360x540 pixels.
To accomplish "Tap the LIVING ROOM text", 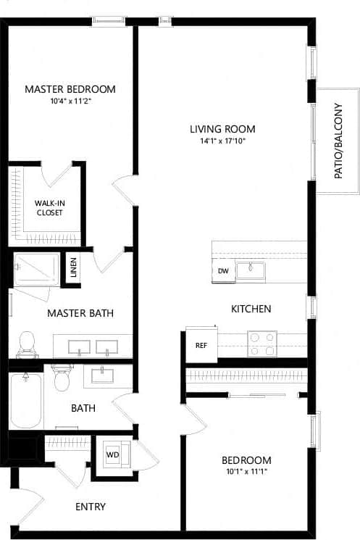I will tap(222, 129).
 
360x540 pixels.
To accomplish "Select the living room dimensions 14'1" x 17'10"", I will tap(222, 141).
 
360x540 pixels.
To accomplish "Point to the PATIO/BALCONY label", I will tap(338, 141).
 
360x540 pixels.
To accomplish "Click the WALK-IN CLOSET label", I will tap(49, 208).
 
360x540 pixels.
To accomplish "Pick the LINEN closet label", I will tap(73, 269).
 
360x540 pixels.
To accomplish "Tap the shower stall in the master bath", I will tap(36, 269).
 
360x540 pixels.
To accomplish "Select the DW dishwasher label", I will tap(223, 271).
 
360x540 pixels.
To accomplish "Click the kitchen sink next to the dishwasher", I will tap(251, 271).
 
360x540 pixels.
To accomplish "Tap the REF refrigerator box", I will tap(201, 345).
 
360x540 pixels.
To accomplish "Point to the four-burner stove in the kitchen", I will tap(261, 344).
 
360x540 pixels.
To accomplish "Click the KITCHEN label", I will tap(251, 309).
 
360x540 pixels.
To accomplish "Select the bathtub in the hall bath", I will tap(27, 399).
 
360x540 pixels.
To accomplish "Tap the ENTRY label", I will tap(91, 507).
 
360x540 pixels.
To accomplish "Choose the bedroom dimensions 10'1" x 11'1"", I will tap(246, 473).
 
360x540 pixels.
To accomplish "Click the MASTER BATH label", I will tap(80, 313).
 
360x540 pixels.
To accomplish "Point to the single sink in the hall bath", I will tap(102, 375).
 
